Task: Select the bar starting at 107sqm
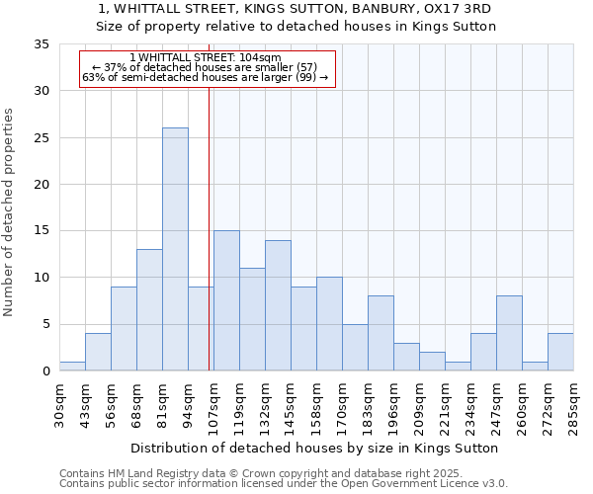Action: [226, 300]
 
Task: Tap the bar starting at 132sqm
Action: [278, 305]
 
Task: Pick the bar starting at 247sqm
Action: [509, 333]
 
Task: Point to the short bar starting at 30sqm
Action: [72, 367]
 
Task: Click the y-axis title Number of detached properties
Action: [11, 212]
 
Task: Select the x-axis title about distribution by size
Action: [314, 448]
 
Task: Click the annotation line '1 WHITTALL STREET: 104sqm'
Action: [206, 58]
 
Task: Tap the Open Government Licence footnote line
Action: [284, 483]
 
